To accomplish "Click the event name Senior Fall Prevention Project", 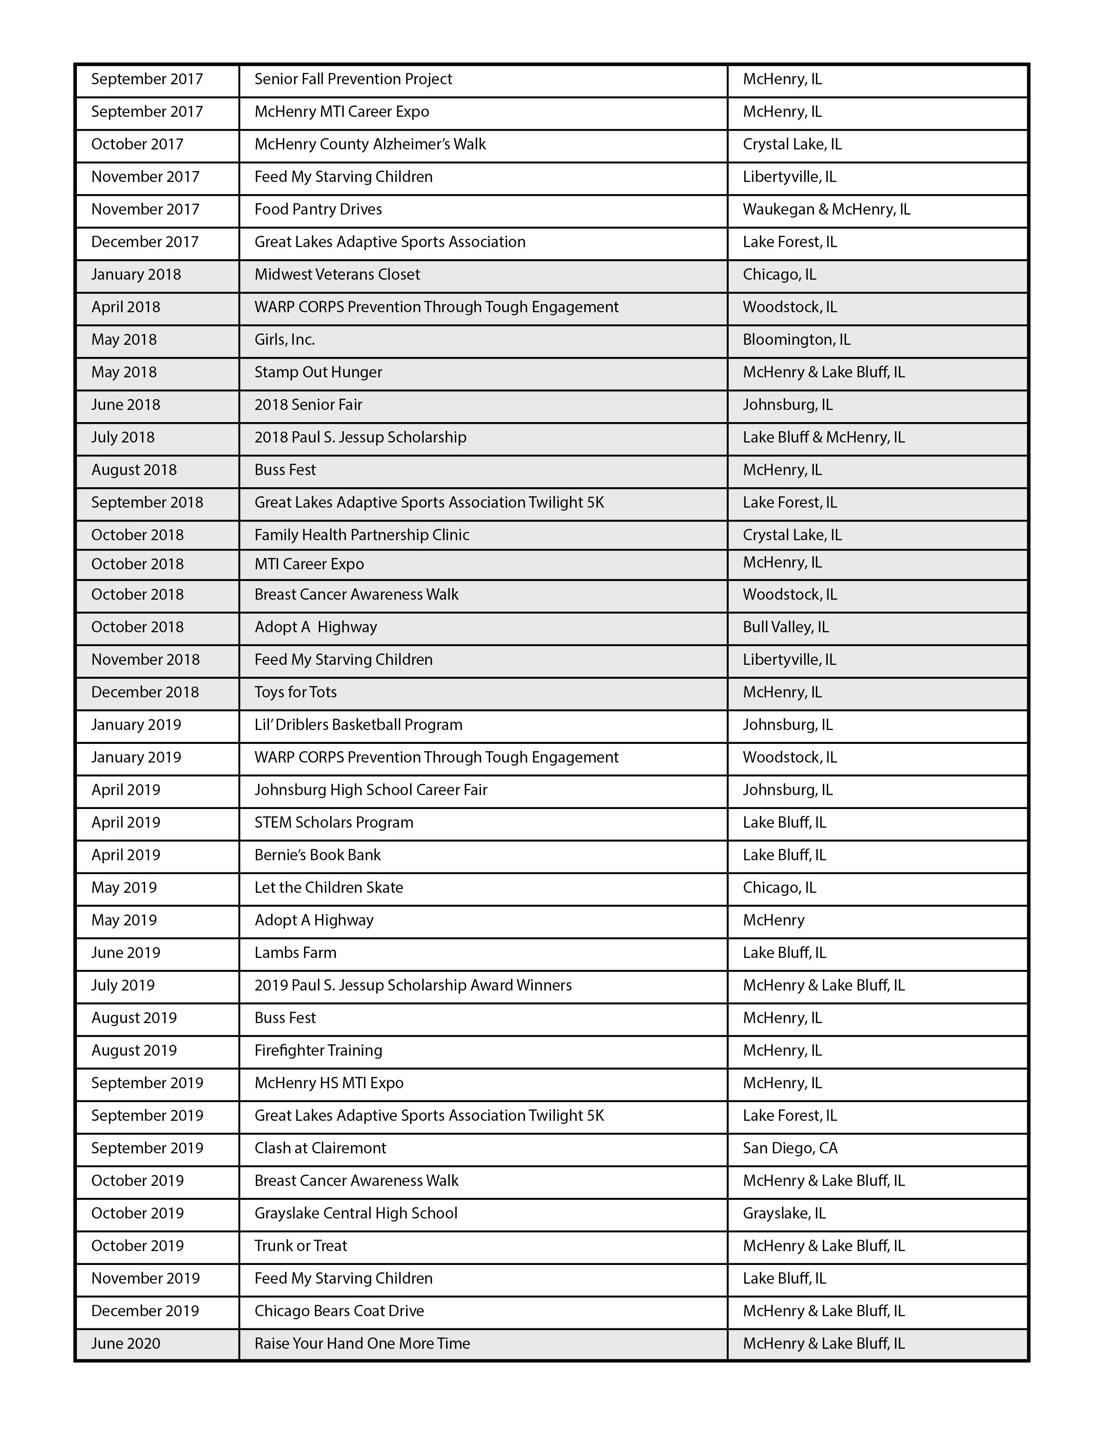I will [x=353, y=79].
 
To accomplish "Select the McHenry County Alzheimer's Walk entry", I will [x=370, y=144].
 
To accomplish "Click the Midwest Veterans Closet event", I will [x=337, y=274].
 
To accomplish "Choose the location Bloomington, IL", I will [x=796, y=340].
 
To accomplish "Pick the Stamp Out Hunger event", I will [x=318, y=372].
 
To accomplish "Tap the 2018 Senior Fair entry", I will [x=308, y=405].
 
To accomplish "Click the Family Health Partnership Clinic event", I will [x=362, y=535].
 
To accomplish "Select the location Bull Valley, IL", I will [x=786, y=627].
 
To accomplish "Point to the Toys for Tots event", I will [x=295, y=692].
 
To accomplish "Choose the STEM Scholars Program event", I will [x=333, y=823].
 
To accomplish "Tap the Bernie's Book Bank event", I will [x=317, y=855].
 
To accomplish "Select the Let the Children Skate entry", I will [x=328, y=888].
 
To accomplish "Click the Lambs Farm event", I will [x=295, y=953].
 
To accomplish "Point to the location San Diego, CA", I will [x=790, y=1148].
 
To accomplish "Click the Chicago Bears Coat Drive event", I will [x=339, y=1311].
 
